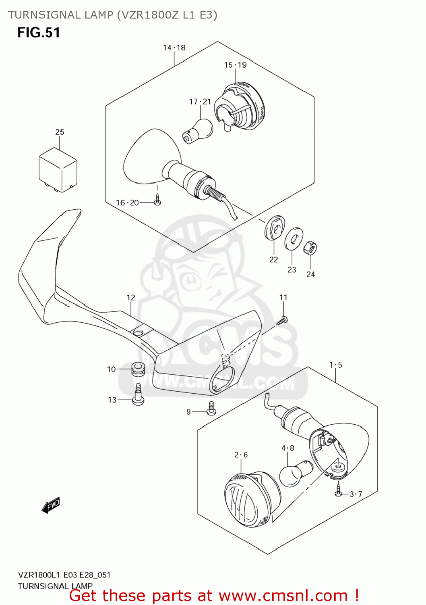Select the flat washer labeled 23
point(294,239)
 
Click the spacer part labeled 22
point(275,228)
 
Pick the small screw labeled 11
point(283,320)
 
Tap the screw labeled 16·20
point(157,200)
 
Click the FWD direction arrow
point(51,505)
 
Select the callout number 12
point(131,298)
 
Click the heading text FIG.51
point(39,33)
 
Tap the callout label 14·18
point(174,48)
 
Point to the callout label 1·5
point(335,365)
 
